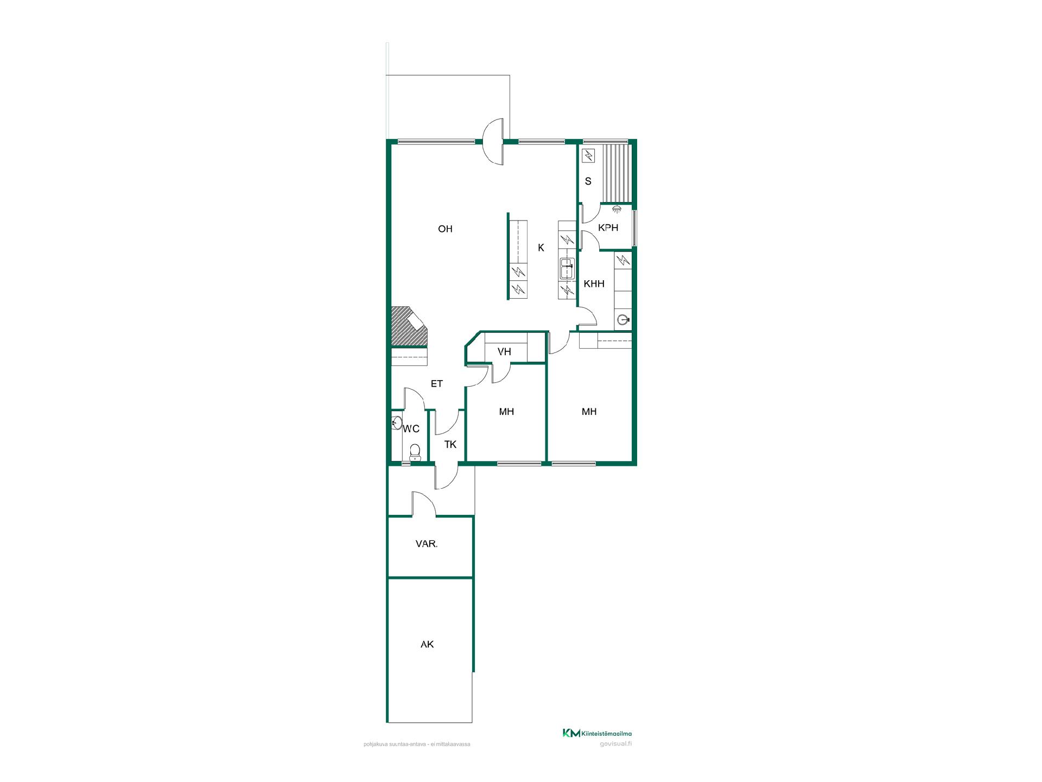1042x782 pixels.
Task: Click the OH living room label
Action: tap(445, 229)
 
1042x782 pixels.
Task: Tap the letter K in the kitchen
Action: tap(541, 248)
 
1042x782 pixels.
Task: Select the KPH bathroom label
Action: tap(608, 228)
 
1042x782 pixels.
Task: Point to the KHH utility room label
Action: tap(594, 283)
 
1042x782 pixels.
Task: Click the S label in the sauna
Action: tap(588, 181)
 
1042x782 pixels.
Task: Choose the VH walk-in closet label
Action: tap(504, 352)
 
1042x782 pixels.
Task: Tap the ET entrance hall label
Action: tap(437, 384)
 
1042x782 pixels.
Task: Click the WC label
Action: tap(411, 429)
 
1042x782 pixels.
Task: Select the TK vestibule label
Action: tap(450, 445)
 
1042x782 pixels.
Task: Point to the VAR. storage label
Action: tap(427, 544)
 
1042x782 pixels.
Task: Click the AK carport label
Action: tap(427, 645)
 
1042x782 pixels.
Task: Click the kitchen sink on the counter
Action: tap(567, 269)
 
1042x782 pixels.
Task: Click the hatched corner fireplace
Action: tap(409, 326)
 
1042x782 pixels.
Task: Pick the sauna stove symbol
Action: tap(589, 156)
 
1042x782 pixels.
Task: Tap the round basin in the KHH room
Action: tap(623, 319)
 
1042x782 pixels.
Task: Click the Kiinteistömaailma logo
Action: tap(597, 733)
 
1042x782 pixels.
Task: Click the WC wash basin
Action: tap(397, 422)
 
